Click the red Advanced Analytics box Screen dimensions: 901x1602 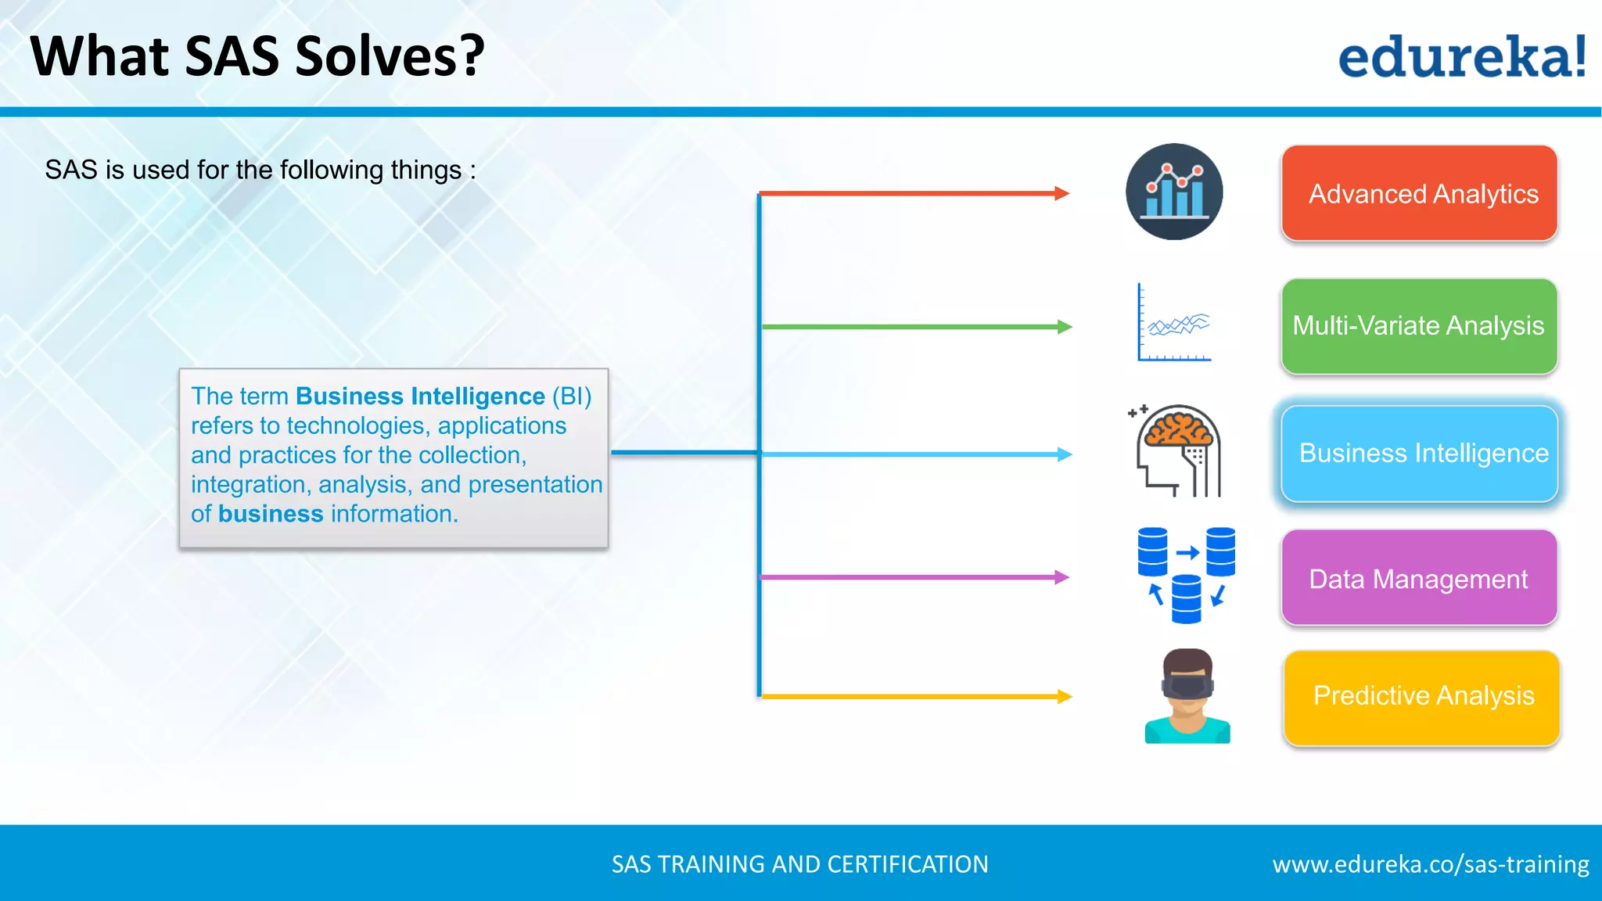click(1419, 193)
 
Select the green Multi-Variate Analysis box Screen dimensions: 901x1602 click(1419, 325)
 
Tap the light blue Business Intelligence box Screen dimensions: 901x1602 click(1419, 453)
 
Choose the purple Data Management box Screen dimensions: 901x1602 click(1419, 578)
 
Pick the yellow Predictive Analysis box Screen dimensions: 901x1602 click(1421, 696)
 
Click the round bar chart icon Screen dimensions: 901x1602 click(1174, 192)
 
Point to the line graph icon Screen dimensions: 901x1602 click(1174, 323)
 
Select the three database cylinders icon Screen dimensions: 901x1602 click(1186, 575)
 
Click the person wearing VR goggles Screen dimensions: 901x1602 click(1187, 695)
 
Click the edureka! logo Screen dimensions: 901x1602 click(1461, 56)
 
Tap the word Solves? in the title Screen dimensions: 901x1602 click(390, 56)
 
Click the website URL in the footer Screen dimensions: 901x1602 click(1430, 864)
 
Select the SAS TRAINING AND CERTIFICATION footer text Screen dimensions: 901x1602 click(799, 864)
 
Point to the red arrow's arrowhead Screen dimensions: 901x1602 click(1062, 193)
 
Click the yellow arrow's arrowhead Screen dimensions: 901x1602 click(1065, 696)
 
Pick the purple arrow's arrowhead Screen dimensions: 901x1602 click(1062, 577)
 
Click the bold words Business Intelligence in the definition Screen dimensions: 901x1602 click(420, 397)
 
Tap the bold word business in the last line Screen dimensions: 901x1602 click(271, 514)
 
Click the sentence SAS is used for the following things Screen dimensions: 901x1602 click(260, 170)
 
